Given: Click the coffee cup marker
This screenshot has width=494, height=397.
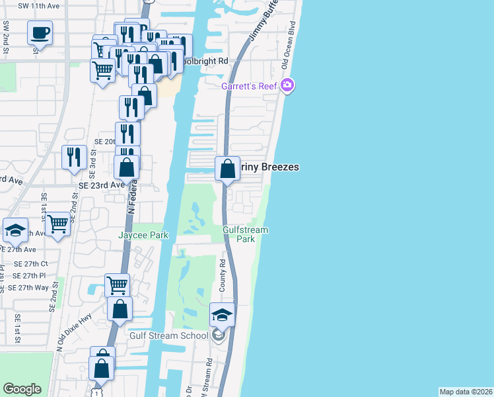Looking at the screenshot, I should pos(40,32).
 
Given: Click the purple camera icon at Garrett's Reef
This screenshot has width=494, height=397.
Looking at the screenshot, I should pos(287,85).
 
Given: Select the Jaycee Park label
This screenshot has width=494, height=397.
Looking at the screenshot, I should pos(143,235).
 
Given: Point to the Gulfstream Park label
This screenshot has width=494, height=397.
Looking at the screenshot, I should pos(245,234).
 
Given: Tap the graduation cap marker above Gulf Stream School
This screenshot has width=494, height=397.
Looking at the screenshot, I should pos(223,315).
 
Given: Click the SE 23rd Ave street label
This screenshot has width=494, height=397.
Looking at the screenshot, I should pos(102,186).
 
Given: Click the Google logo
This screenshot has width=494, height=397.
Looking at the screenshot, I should pos(22,388).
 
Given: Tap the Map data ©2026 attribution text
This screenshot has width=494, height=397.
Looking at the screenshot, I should pos(466,392).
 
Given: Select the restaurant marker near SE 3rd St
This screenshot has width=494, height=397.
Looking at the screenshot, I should pos(73,157).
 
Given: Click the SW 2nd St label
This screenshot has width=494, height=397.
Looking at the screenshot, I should pos(6,38).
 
